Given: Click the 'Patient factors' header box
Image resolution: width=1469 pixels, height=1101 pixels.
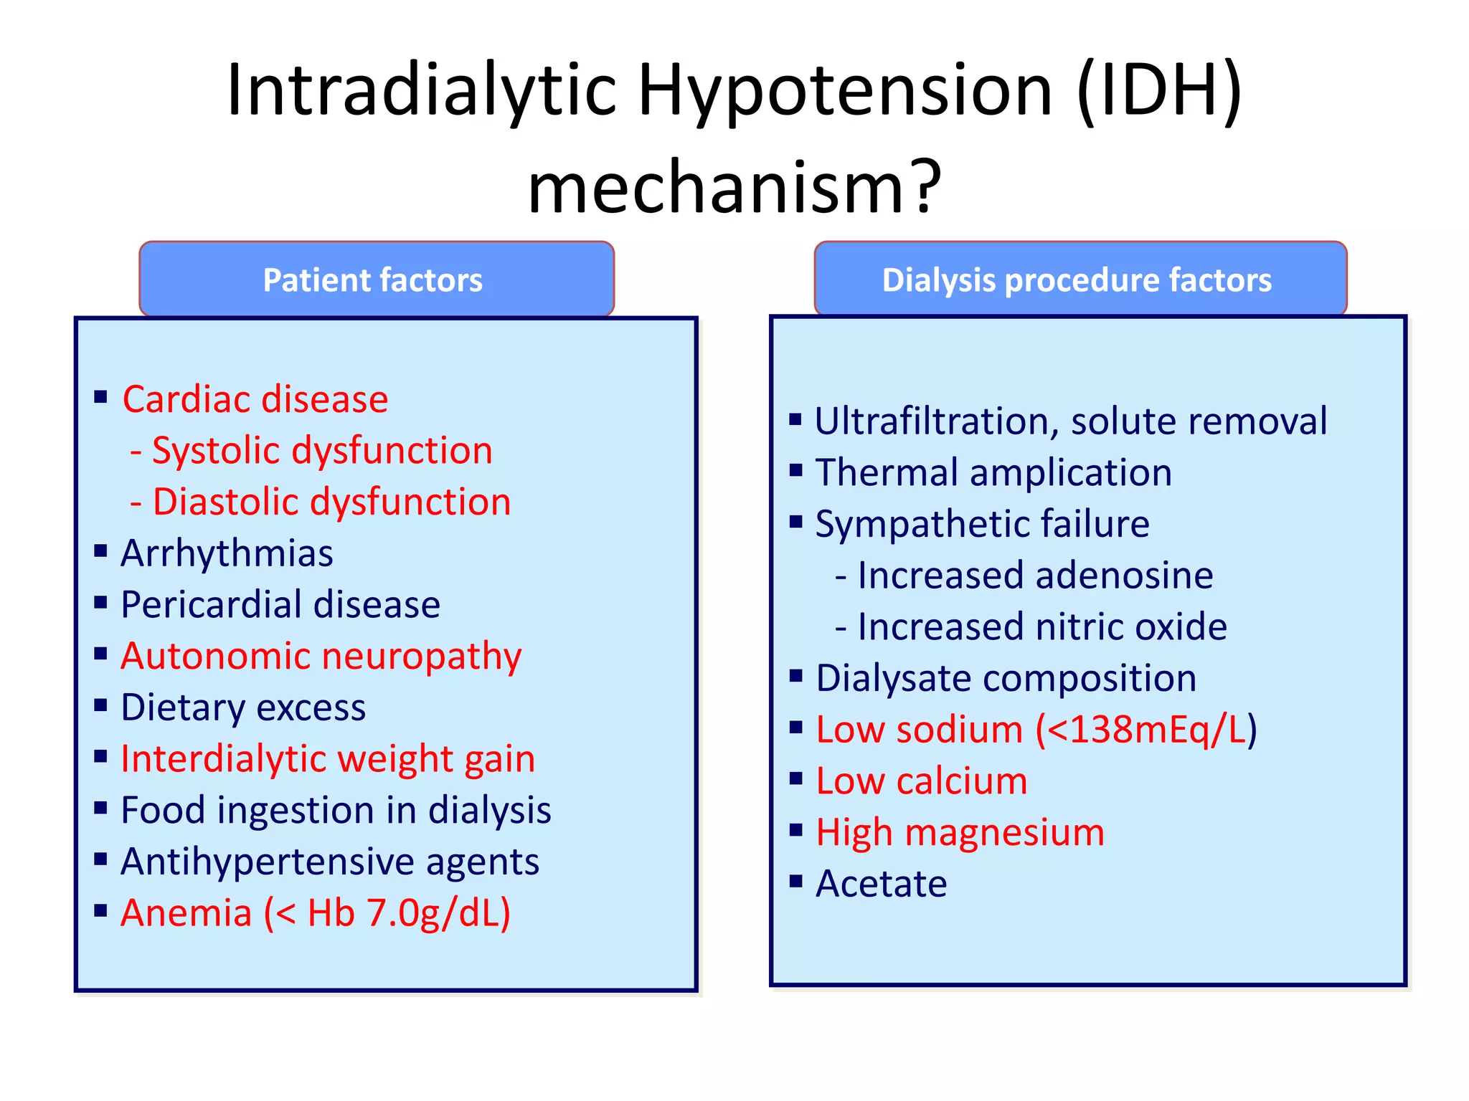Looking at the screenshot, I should pyautogui.click(x=376, y=280).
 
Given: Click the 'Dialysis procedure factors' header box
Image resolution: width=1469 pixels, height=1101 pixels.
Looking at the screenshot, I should pyautogui.click(x=1080, y=280).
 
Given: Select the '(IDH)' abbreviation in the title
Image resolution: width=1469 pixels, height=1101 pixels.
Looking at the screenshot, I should pyautogui.click(x=1161, y=90).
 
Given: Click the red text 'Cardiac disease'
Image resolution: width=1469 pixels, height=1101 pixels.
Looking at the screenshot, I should pyautogui.click(x=255, y=399).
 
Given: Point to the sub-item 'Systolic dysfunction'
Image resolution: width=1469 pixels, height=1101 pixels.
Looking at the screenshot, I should pyautogui.click(x=322, y=451).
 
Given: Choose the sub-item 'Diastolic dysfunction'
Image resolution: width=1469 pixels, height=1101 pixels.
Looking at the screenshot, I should pyautogui.click(x=331, y=502).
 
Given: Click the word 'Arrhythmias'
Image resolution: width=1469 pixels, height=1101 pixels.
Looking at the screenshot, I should pyautogui.click(x=227, y=553).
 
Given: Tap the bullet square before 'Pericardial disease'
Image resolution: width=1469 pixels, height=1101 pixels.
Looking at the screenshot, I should pyautogui.click(x=100, y=602).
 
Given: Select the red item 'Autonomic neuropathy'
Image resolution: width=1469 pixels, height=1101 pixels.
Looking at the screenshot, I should pyautogui.click(x=321, y=657).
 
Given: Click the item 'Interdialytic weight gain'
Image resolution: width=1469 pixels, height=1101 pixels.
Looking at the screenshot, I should pyautogui.click(x=328, y=759).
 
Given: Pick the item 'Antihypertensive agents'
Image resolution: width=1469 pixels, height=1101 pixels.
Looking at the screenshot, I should pyautogui.click(x=330, y=862).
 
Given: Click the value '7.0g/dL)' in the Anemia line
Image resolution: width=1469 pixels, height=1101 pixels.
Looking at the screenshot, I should pyautogui.click(x=438, y=914).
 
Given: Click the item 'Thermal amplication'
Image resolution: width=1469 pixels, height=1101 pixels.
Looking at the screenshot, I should pyautogui.click(x=993, y=473).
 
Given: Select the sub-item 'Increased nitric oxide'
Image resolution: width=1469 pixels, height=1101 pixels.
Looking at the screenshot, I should pyautogui.click(x=1041, y=627).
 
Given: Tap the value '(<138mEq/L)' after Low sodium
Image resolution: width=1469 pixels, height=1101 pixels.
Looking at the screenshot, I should pyautogui.click(x=1146, y=730).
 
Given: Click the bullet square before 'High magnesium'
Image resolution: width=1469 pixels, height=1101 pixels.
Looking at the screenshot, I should pyautogui.click(x=795, y=830).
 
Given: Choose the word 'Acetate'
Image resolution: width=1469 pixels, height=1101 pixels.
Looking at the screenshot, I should pyautogui.click(x=881, y=884).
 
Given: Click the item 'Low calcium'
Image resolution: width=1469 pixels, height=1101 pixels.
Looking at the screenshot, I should pyautogui.click(x=922, y=781).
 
